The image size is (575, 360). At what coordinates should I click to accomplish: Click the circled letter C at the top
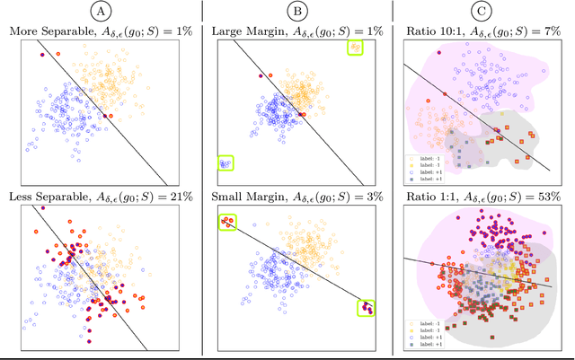pyautogui.click(x=484, y=12)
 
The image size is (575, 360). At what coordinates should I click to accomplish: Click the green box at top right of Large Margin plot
pyautogui.click(x=356, y=47)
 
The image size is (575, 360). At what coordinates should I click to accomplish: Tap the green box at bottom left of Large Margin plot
pyautogui.click(x=226, y=162)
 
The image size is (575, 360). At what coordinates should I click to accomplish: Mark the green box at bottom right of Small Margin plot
pyautogui.click(x=365, y=307)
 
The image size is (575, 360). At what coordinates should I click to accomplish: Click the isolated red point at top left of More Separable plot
pyautogui.click(x=41, y=54)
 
